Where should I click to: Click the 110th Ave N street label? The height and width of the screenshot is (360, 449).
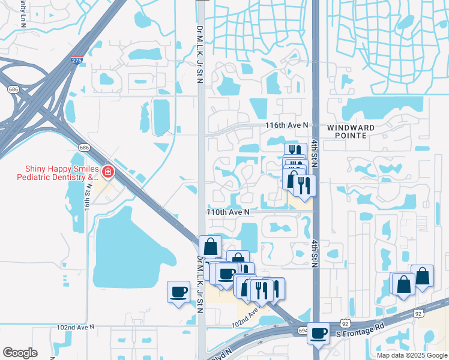(x=228, y=212)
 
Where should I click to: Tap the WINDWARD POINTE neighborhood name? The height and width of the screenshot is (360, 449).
(x=351, y=132)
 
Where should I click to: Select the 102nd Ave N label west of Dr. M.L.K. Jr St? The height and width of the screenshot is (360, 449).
(x=76, y=328)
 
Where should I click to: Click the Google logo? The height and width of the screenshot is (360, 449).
(x=20, y=353)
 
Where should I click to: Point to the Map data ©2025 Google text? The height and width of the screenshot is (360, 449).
(x=412, y=355)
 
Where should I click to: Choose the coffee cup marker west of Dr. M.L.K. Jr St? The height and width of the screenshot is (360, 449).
(x=178, y=292)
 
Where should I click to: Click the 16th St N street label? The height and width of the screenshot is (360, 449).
(x=88, y=197)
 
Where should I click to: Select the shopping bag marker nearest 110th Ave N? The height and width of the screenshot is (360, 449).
(x=211, y=246)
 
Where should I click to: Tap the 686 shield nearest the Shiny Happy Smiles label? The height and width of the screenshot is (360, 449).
(x=84, y=148)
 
